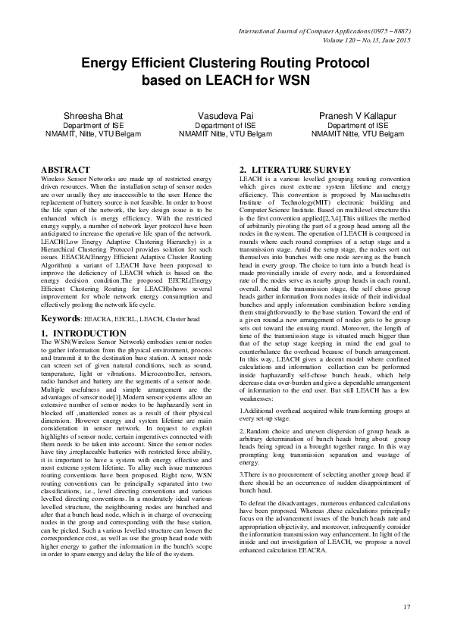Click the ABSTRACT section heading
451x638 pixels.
click(65, 170)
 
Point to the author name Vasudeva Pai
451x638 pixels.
click(224, 115)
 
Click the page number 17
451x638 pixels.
click(406, 606)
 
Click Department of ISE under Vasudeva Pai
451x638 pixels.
click(224, 125)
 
